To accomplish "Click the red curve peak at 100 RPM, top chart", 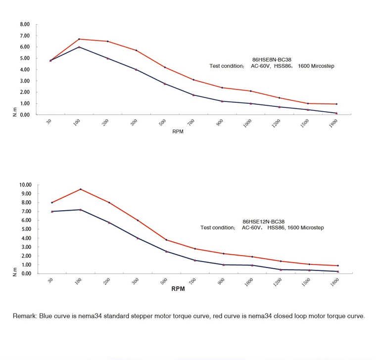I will (x=79, y=39).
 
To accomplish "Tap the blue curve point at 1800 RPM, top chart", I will (x=336, y=113).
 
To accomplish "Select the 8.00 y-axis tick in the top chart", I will (x=25, y=24).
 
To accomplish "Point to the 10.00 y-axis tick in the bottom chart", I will (x=25, y=185).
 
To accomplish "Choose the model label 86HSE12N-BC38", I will (x=263, y=222).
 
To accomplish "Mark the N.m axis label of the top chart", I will (x=15, y=112).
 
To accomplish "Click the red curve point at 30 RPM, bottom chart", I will (x=52, y=202).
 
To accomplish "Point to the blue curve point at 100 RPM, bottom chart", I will (x=80, y=210).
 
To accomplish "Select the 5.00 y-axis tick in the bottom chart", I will (x=25, y=229).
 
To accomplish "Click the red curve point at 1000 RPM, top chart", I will (x=251, y=91).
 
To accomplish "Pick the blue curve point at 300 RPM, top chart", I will (x=136, y=69).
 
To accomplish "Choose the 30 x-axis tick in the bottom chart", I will (x=50, y=280).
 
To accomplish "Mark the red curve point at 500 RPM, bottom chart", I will (x=166, y=240).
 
